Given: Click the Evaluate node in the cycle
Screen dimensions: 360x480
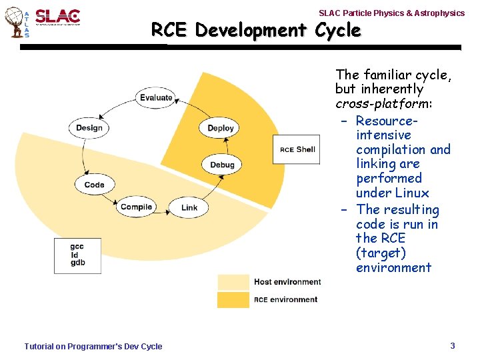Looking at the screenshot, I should [156, 98].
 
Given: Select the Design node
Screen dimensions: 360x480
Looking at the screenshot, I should [89, 128].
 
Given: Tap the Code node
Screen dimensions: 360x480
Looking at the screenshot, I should [95, 185].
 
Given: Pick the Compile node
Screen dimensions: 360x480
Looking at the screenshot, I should [137, 207].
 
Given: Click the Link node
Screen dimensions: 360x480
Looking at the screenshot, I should [189, 207].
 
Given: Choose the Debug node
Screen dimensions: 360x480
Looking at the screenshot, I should [222, 165].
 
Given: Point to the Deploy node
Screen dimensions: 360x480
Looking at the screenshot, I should [221, 128].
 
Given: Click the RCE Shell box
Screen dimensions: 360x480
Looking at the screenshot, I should [297, 149].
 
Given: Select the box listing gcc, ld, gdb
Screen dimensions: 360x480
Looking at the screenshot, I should [77, 255].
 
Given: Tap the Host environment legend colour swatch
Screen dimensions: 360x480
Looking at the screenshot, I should [233, 282].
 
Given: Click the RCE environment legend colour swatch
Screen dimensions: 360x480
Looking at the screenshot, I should [233, 300].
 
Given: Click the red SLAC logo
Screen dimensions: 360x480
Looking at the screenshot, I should [57, 17].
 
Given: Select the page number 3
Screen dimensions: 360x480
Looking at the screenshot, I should [453, 345].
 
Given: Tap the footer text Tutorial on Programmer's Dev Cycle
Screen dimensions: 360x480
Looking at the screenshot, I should [93, 346].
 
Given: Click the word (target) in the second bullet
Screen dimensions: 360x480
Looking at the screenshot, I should [381, 253].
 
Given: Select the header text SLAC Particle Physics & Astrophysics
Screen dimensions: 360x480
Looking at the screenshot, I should [391, 13].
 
